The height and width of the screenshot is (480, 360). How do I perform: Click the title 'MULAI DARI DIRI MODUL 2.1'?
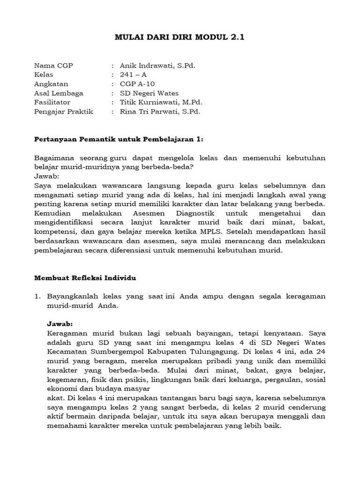180,37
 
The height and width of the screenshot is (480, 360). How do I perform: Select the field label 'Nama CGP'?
54,65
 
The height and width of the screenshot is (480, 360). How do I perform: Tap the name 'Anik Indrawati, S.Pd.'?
157,65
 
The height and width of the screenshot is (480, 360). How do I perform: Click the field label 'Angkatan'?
51,84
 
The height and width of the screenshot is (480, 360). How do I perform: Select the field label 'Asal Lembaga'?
59,93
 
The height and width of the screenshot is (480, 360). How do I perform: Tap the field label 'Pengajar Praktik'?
64,112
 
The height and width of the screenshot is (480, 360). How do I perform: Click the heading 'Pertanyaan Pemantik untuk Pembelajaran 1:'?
120,139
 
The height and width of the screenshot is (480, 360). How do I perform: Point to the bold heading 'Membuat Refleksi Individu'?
85,278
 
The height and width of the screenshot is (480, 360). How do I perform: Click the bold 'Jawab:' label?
60,324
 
